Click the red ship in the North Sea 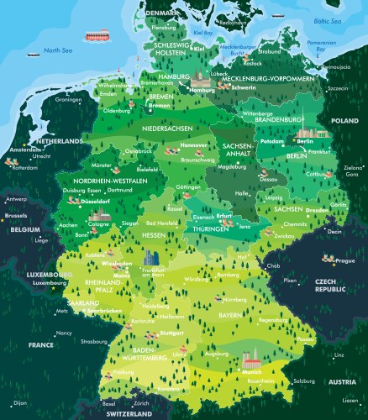coord(95,36)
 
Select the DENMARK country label coord(161,13)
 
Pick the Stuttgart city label coord(171,333)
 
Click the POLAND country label coord(344,121)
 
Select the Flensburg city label coord(163,27)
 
